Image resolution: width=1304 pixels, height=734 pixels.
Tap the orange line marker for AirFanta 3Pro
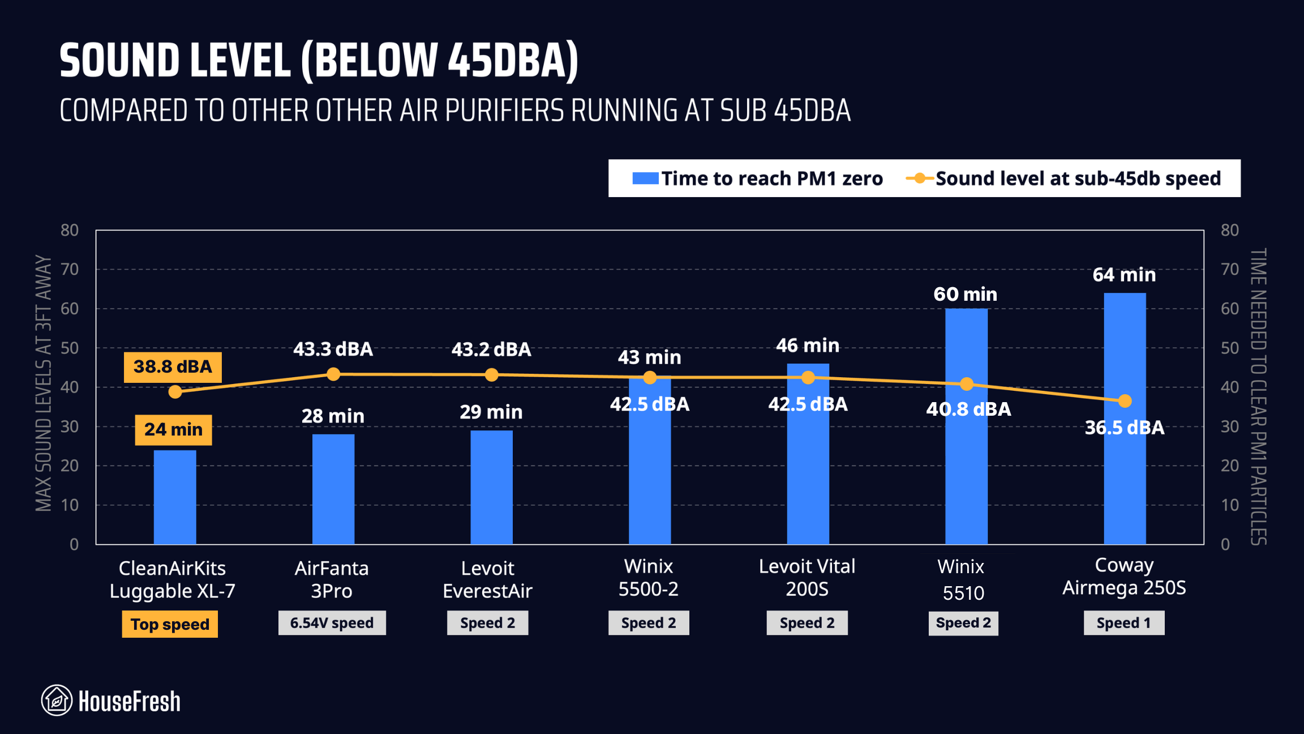333,374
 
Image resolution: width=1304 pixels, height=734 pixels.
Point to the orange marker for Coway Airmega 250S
1125,401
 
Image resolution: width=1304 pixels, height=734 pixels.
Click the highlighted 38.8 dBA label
173,367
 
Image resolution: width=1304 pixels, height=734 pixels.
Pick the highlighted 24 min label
173,429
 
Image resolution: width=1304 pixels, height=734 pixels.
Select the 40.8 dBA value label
968,409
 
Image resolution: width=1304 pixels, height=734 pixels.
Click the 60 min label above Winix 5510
965,294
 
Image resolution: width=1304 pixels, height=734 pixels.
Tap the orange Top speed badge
170,624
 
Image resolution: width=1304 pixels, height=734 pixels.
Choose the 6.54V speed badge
332,623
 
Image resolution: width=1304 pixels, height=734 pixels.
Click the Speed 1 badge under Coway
1123,623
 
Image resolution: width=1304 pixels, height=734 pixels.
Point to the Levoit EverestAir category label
487,579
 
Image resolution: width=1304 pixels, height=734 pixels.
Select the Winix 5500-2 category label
648,578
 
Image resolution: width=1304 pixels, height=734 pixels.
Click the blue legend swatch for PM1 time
645,178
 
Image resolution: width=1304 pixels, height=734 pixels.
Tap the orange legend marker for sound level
920,178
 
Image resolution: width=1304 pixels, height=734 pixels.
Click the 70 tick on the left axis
70,269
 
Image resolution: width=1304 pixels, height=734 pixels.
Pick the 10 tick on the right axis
1229,505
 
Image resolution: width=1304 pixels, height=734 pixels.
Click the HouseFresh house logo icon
57,701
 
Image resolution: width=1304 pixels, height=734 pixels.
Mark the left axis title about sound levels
44,383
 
